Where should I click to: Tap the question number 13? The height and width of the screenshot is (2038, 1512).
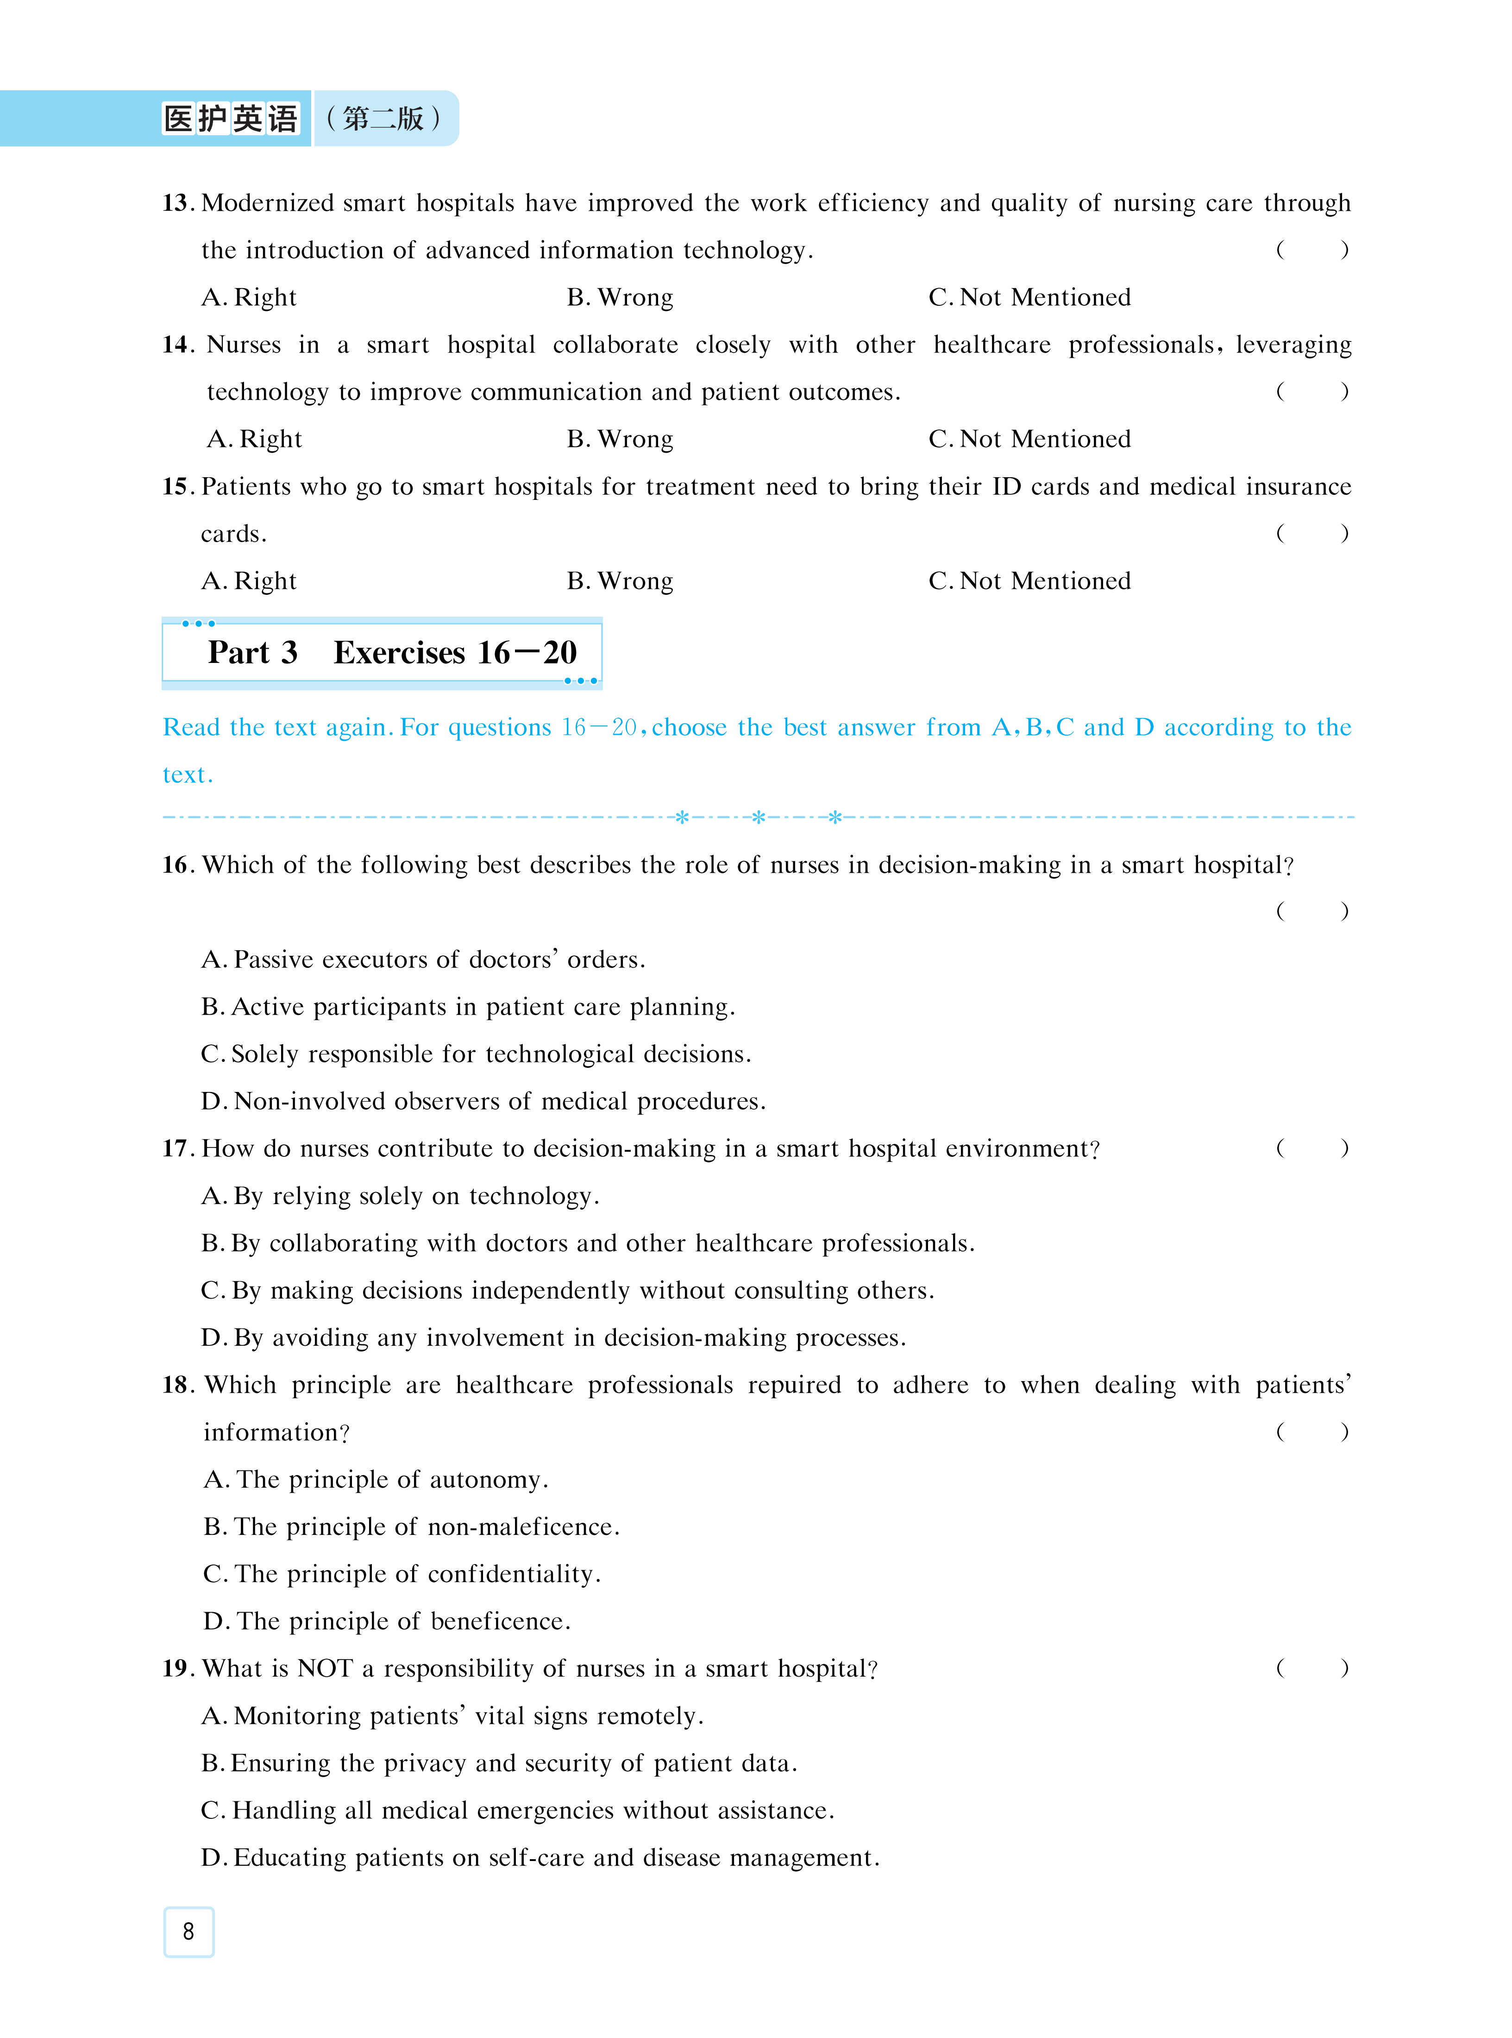tap(176, 202)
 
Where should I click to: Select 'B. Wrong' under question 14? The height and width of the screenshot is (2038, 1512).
tap(620, 440)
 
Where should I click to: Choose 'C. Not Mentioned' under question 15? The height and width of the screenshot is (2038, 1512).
tap(1029, 581)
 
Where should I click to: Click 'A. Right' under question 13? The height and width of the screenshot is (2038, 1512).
tap(249, 297)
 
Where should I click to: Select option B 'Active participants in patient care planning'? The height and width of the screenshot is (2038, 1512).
tap(468, 1007)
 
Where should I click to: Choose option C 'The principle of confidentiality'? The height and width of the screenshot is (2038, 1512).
tap(402, 1574)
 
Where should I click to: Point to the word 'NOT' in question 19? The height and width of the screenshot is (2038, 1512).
tap(325, 1668)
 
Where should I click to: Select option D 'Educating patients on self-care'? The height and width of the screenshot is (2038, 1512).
tap(540, 1858)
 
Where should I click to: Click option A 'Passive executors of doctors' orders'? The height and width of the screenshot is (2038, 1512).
tap(423, 959)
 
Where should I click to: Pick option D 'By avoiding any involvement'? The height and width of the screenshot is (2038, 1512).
tap(553, 1338)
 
